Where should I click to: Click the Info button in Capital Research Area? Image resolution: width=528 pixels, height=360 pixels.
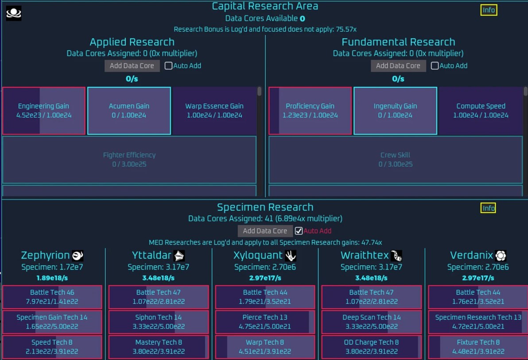(489, 10)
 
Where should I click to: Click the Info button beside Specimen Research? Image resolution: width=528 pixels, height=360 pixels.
(488, 208)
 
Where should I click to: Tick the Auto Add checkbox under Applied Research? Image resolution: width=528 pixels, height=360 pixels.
(168, 66)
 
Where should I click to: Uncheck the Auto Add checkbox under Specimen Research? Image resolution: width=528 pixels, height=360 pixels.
(299, 231)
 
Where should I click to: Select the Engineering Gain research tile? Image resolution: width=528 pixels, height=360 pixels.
(44, 111)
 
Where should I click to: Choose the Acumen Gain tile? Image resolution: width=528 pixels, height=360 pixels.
(129, 111)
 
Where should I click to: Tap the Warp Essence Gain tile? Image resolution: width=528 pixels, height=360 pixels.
(214, 111)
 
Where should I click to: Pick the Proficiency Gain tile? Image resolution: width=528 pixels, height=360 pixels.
(310, 111)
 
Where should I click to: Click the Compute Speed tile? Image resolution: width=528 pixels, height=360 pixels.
(481, 111)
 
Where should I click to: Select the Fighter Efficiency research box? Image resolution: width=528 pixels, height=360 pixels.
(129, 159)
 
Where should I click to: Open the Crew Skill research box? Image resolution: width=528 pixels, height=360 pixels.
(395, 159)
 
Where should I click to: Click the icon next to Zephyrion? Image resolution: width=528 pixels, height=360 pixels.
(78, 255)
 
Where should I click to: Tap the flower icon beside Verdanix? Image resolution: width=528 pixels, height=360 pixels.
(501, 255)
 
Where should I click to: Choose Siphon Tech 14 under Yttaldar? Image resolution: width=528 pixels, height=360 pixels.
(159, 322)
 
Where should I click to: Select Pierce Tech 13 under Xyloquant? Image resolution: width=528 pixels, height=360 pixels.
(265, 322)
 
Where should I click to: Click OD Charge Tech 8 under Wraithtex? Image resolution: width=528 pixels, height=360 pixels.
(371, 347)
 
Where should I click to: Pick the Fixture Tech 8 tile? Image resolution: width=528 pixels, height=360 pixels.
(478, 347)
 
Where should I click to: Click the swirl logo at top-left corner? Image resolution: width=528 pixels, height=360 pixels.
(14, 13)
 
